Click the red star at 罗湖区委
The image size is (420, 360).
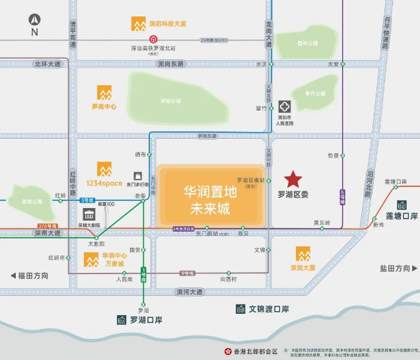293,179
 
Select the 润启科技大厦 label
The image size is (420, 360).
167,24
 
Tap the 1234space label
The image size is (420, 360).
104,183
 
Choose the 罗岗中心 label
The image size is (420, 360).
104,106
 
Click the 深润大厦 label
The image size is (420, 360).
302,268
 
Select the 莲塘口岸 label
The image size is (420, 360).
402,216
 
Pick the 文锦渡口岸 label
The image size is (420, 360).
269,308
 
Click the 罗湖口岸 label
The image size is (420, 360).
146,320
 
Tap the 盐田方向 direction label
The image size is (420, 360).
395,268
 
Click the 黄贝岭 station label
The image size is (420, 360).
322,223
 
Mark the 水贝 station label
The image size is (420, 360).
261,64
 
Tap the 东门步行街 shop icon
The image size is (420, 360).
137,176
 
